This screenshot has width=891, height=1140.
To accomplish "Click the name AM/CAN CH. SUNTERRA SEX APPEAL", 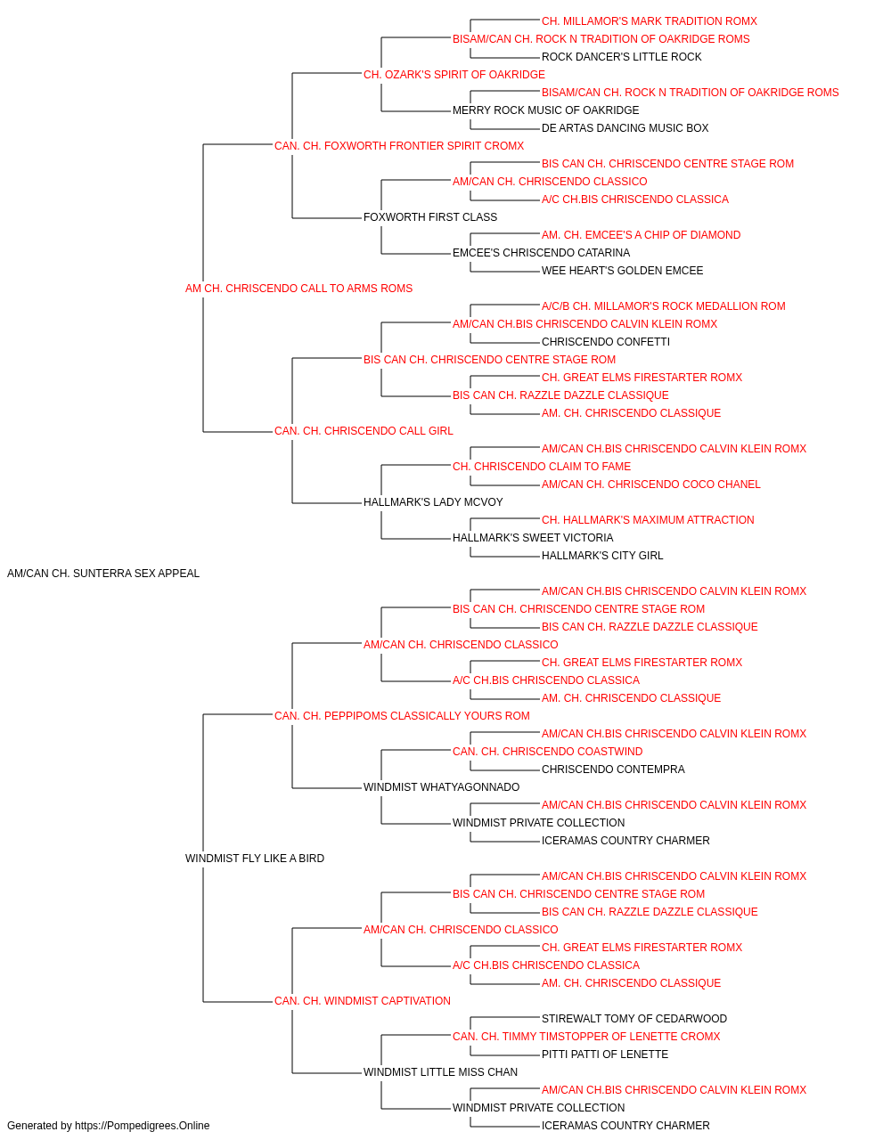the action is pos(103,574).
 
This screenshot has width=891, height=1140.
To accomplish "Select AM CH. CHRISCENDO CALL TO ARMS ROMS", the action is pos(298,289).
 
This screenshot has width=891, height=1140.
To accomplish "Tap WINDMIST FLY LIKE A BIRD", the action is pos(255,859).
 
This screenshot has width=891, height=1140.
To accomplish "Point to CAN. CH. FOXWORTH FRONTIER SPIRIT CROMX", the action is pos(399,146).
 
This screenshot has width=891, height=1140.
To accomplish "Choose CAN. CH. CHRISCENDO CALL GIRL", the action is pos(364,431).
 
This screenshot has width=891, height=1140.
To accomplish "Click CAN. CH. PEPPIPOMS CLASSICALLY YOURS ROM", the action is pos(402,715).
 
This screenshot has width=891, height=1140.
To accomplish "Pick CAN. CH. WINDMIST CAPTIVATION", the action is pos(362,1000).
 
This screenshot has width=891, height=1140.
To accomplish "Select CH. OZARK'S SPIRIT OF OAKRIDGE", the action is pos(454,75).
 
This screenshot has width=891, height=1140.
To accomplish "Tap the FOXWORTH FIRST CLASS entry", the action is pos(429,217).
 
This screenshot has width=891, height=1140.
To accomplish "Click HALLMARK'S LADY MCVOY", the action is pos(433,502).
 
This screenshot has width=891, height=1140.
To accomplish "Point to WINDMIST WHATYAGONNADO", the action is pos(441,787).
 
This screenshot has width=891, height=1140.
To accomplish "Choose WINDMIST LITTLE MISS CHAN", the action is pos(440,1071).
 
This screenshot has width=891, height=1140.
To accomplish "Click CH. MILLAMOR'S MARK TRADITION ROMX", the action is pos(650,21).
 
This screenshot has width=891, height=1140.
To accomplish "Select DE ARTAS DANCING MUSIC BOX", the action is pos(625,128).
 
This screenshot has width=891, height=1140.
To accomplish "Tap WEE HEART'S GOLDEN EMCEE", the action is pos(622,271).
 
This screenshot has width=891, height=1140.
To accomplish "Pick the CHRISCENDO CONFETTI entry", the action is pos(606,342).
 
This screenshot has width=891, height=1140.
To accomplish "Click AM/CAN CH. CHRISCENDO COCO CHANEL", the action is pos(650,484).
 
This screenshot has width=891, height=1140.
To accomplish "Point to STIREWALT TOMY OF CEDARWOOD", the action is pos(634,1018).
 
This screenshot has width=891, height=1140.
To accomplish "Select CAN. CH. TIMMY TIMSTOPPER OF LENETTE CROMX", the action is pos(586,1036).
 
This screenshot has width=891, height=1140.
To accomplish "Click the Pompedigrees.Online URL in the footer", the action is pos(142,1126).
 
